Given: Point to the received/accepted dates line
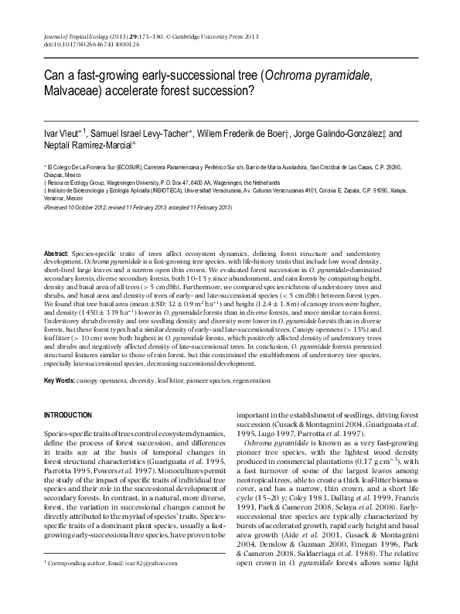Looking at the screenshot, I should point(138,207).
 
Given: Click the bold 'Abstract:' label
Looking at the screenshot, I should point(56,254).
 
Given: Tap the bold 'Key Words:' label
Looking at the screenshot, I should point(61,381).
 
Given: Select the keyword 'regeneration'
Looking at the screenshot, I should point(249,381).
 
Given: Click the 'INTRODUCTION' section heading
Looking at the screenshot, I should point(70,415).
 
